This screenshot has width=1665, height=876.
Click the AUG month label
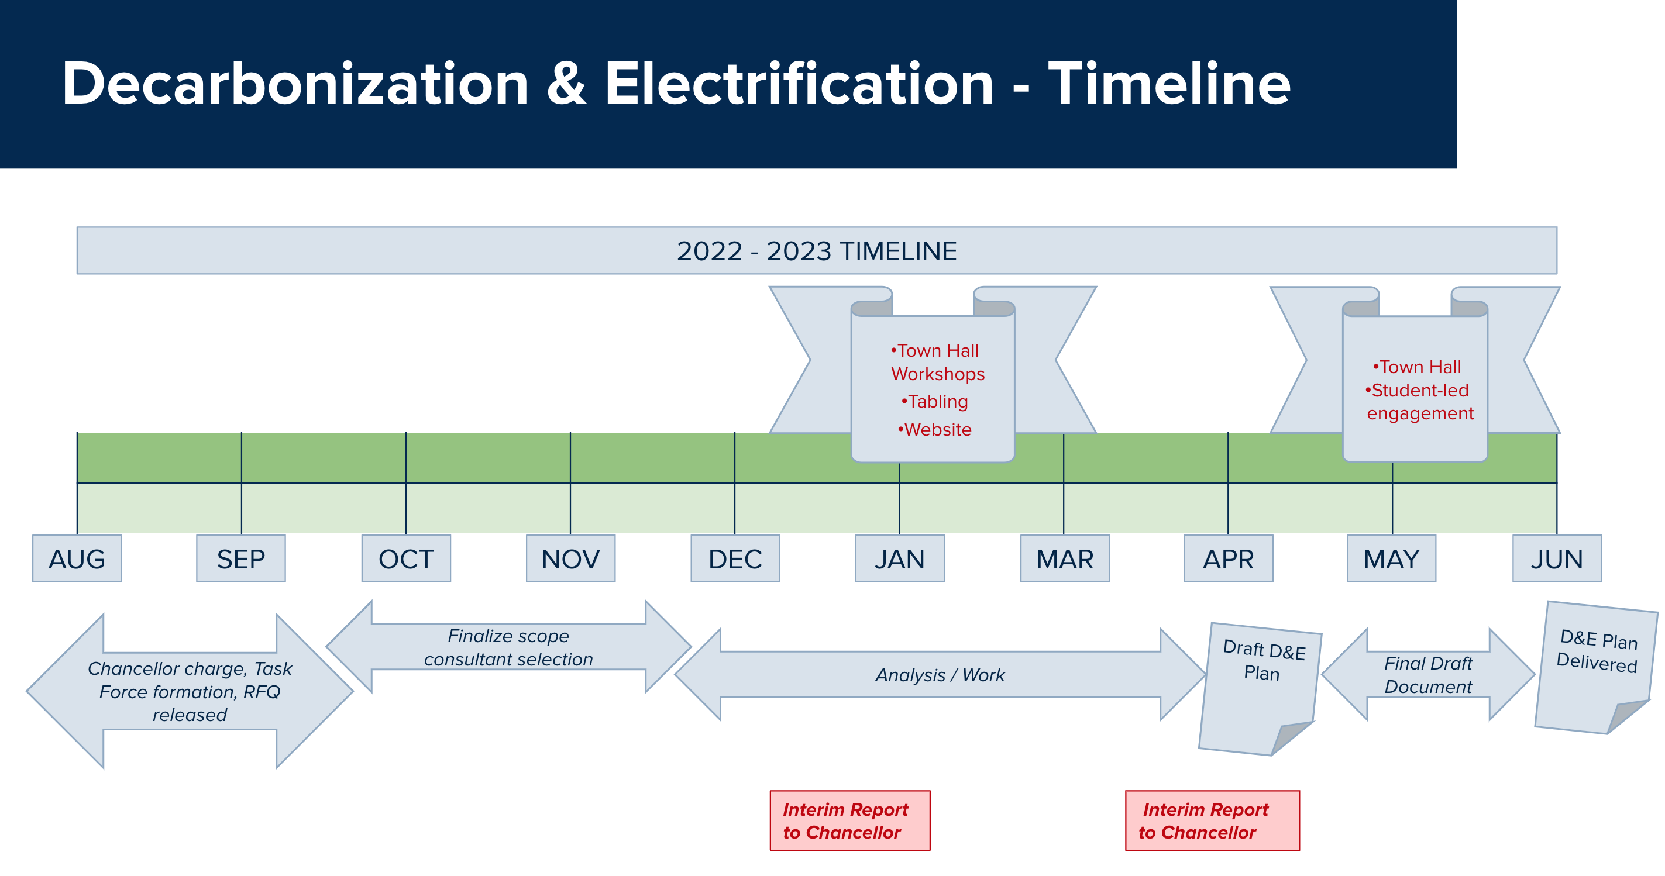click(x=77, y=559)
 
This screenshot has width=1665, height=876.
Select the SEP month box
click(x=241, y=559)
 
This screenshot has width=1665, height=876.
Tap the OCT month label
click(x=406, y=559)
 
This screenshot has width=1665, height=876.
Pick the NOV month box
click(x=571, y=559)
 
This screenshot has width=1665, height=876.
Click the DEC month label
click(x=735, y=559)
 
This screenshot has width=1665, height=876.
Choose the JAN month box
click(x=900, y=559)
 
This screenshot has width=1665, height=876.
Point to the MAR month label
click(x=1065, y=559)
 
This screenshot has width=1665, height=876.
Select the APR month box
click(x=1229, y=559)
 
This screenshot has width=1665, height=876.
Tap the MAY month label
click(x=1392, y=559)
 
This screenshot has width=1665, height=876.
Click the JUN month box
click(x=1557, y=559)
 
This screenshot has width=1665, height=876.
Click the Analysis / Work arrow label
click(x=941, y=675)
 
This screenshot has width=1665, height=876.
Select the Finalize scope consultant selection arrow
click(x=508, y=647)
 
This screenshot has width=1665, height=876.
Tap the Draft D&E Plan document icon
click(x=1260, y=689)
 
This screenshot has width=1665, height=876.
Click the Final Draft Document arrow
click(x=1429, y=674)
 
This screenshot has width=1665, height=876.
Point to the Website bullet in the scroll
click(x=935, y=430)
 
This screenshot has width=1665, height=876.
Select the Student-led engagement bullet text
click(x=1419, y=402)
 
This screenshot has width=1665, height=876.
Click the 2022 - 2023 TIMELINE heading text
click(x=816, y=251)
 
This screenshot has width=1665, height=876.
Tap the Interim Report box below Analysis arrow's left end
click(x=850, y=820)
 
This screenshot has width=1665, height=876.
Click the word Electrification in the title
click(x=799, y=84)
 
